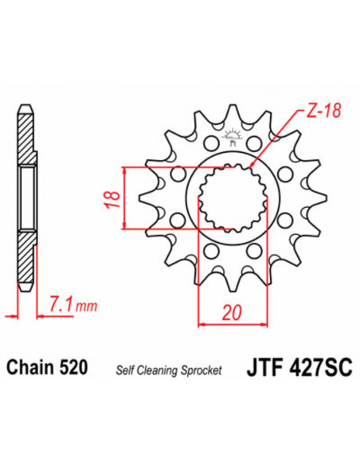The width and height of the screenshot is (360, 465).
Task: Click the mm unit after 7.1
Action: (x=82, y=306)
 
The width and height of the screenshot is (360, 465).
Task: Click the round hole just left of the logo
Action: (x=209, y=144)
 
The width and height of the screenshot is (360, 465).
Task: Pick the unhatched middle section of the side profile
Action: (x=26, y=198)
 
